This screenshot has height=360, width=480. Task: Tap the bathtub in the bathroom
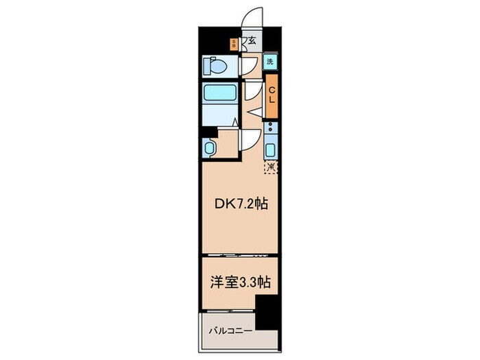point(219,93)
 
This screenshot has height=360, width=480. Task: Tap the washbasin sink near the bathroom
point(210,147)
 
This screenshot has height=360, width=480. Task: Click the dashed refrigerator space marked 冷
point(272,166)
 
